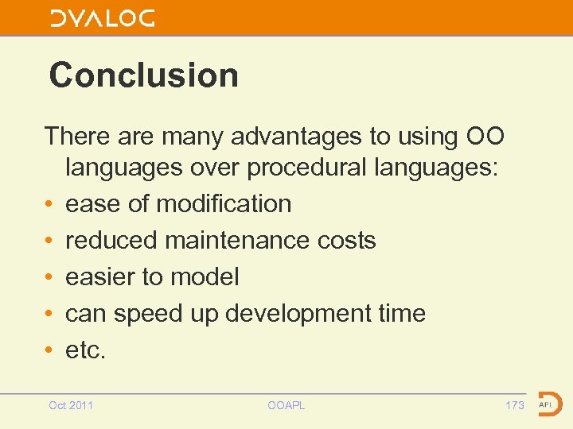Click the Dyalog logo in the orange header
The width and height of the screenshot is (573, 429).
103,18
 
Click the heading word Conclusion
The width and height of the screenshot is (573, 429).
143,75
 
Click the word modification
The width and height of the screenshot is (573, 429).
224,204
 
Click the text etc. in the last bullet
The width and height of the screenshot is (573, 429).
84,350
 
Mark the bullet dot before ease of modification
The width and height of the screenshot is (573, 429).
50,205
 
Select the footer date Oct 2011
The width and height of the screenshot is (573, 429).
71,406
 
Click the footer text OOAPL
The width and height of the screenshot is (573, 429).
286,406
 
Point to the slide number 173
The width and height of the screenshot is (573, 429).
515,406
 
